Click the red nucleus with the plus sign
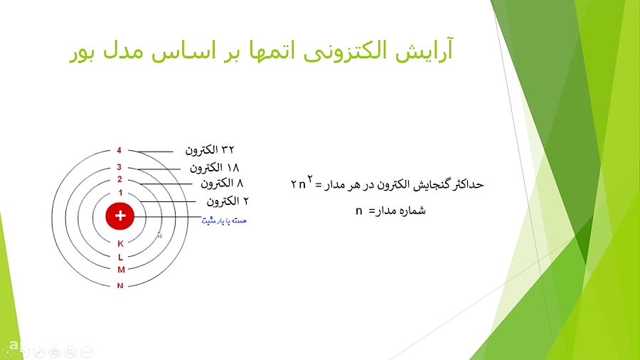(x=120, y=215)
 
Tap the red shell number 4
(x=119, y=151)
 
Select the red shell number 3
(x=119, y=168)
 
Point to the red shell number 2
(x=119, y=180)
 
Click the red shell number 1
(x=120, y=193)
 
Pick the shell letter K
(x=120, y=243)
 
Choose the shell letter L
(x=120, y=256)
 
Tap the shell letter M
(x=120, y=270)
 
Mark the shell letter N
(x=120, y=285)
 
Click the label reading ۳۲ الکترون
(x=210, y=150)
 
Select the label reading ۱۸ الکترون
(x=214, y=168)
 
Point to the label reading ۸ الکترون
(x=222, y=183)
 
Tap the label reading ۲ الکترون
(x=228, y=201)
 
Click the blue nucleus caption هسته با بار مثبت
(x=224, y=221)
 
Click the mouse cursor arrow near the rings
(x=159, y=235)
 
